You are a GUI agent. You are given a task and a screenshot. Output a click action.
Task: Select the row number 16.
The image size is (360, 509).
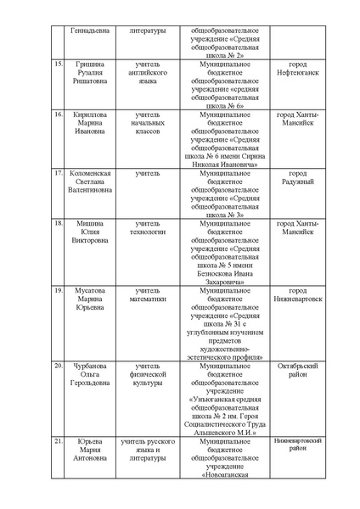(x=58, y=114)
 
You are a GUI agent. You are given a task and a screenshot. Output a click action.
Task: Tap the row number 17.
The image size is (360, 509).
(x=58, y=173)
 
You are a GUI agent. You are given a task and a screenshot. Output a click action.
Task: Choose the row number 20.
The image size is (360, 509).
(x=58, y=366)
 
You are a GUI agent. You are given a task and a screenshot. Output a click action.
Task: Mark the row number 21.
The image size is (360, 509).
(x=58, y=442)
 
